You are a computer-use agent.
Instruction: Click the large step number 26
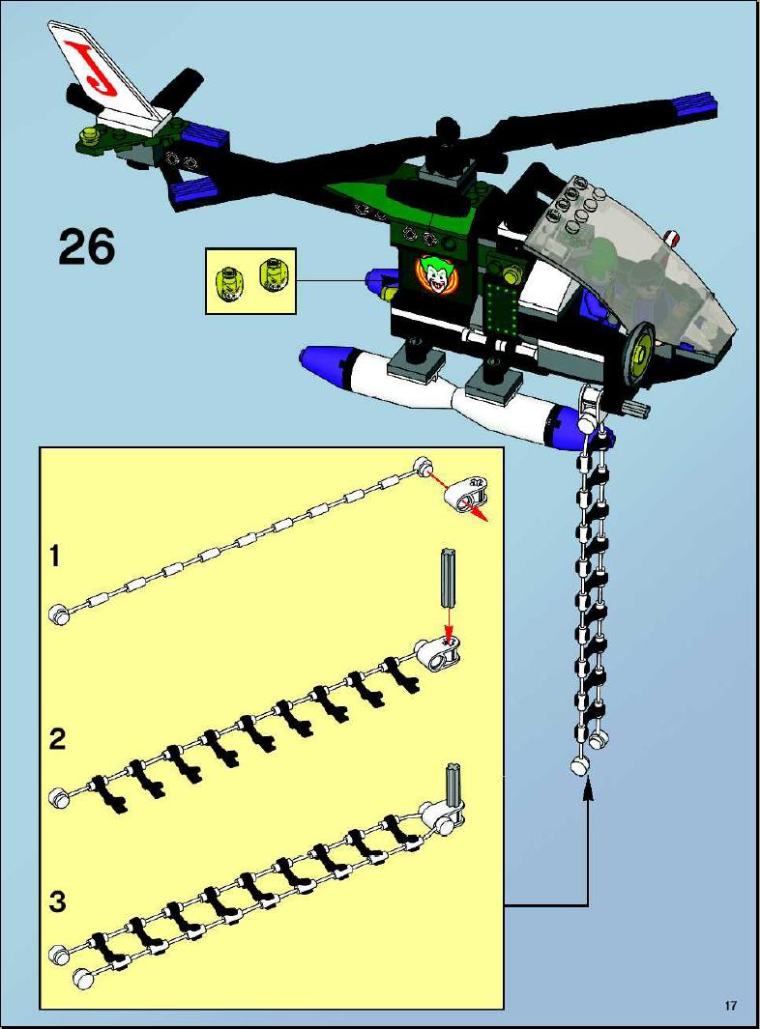[x=87, y=246]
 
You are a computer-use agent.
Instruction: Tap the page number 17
[x=731, y=1006]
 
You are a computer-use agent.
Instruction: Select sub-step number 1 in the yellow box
[x=56, y=557]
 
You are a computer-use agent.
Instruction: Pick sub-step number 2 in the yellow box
[x=58, y=739]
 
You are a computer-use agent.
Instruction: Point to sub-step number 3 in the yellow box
[x=58, y=901]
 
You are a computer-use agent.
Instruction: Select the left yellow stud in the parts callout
[x=229, y=282]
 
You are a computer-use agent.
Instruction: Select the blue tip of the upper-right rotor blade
[x=695, y=103]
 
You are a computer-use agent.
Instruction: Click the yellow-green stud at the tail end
[x=88, y=135]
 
